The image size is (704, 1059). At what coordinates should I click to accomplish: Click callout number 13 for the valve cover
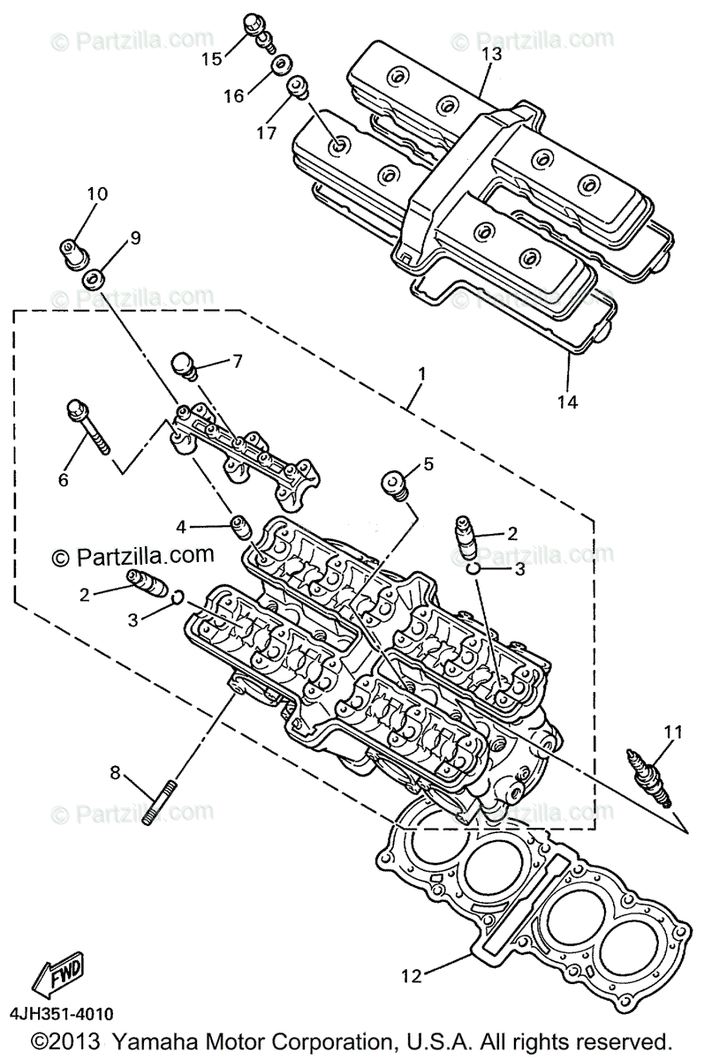tap(492, 54)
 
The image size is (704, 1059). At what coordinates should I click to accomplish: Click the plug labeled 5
tap(394, 484)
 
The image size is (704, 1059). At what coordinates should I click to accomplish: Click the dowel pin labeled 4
tap(238, 527)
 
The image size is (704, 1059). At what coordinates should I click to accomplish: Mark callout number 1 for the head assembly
tap(421, 373)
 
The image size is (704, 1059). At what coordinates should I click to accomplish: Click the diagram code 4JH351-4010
tap(63, 1015)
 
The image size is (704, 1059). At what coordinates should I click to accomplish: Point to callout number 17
tap(267, 132)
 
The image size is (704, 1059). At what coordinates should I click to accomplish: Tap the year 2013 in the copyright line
tap(87, 1040)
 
